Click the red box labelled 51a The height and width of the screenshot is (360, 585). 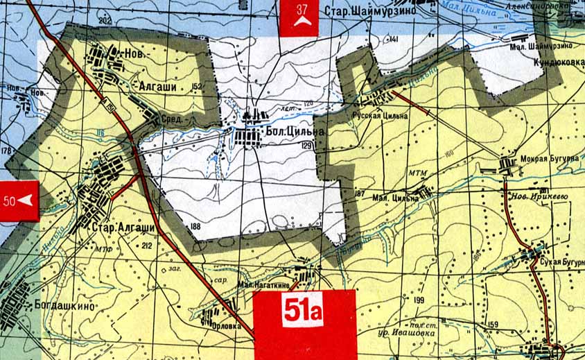coord(304,323)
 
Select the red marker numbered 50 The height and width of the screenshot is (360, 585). coord(19,200)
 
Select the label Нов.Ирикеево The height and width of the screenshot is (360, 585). coord(543,196)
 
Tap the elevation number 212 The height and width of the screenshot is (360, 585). coord(146,246)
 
